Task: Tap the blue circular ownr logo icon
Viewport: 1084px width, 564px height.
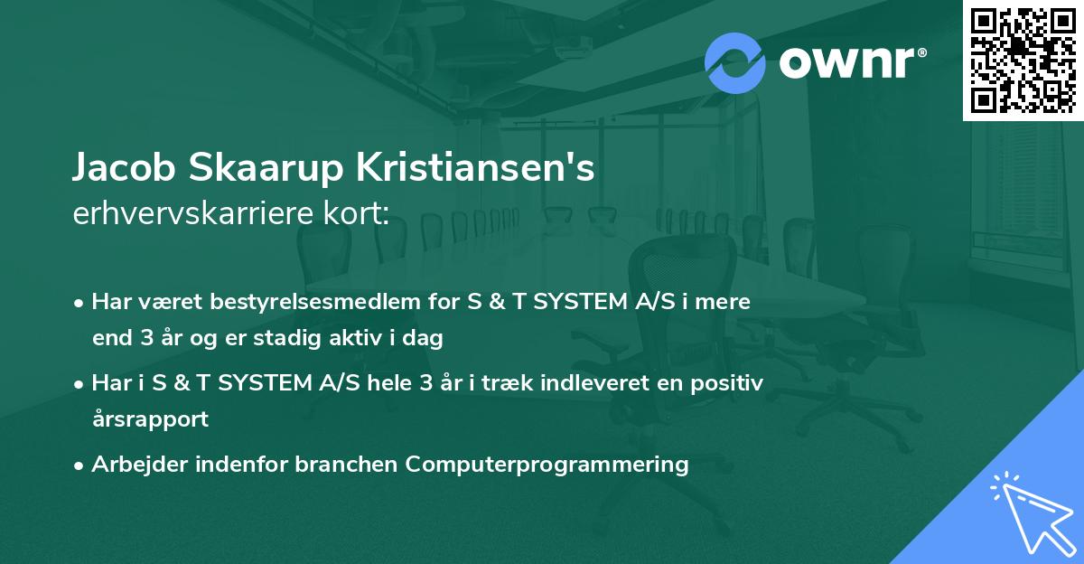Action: pos(735,63)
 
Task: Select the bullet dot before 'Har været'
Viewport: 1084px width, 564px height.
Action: pos(80,302)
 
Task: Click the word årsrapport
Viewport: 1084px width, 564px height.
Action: pos(150,418)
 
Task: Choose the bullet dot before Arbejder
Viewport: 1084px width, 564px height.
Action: pos(80,465)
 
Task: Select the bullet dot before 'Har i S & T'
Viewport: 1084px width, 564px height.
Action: pos(80,383)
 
